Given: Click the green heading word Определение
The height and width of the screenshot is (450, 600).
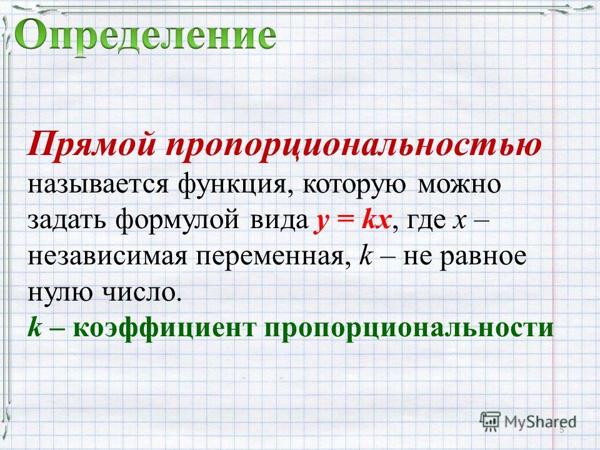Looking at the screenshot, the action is tap(146, 36).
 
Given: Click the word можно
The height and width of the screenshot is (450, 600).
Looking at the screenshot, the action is tap(459, 184).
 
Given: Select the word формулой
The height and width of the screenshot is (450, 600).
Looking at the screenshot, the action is tap(177, 222).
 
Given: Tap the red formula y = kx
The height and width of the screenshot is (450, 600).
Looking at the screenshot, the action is tap(352, 221).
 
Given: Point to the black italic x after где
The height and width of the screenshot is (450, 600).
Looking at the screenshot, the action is tap(459, 222).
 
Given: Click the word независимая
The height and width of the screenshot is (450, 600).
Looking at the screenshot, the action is tap(107, 257).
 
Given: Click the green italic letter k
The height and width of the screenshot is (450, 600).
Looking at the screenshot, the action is tap(34, 327).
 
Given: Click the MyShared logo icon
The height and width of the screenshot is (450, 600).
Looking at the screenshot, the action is tap(490, 421).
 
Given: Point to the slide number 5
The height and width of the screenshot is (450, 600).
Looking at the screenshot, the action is tap(562, 430).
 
